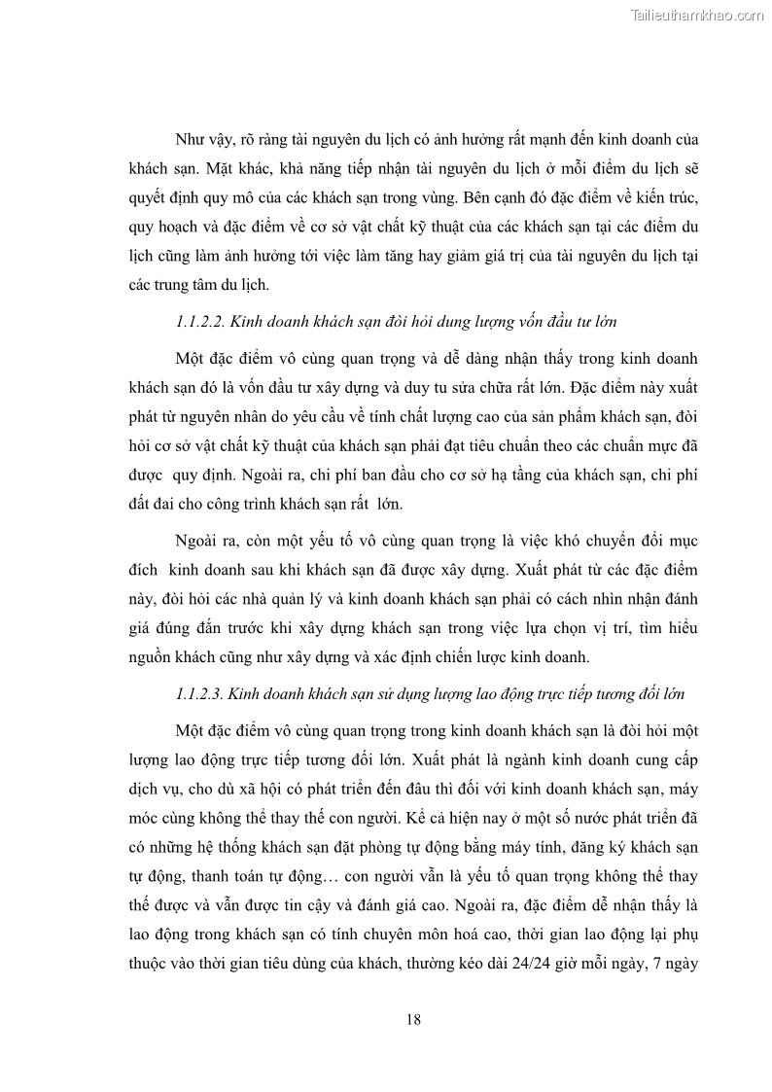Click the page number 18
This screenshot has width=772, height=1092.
(413, 1019)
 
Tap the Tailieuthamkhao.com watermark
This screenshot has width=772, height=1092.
(697, 15)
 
